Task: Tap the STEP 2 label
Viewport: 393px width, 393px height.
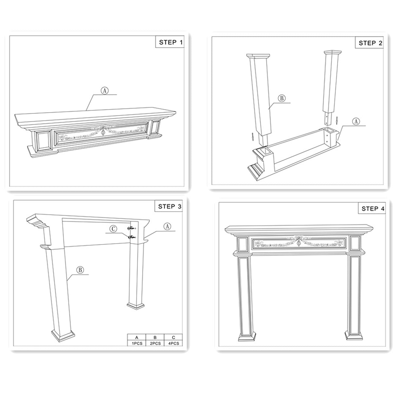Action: (370, 43)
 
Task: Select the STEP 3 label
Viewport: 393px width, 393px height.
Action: (169, 206)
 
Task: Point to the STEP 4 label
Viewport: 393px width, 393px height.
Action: (373, 209)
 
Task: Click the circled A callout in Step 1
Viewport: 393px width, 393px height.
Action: (104, 91)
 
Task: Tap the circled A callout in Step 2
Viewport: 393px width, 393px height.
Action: (356, 121)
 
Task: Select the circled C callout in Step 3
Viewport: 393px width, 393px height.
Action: (113, 229)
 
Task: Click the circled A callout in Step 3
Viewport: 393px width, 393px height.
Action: (167, 226)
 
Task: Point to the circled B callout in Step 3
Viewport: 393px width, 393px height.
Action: (80, 270)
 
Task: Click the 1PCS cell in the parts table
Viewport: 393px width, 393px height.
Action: (137, 344)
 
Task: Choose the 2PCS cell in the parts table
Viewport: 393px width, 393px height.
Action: (155, 344)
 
